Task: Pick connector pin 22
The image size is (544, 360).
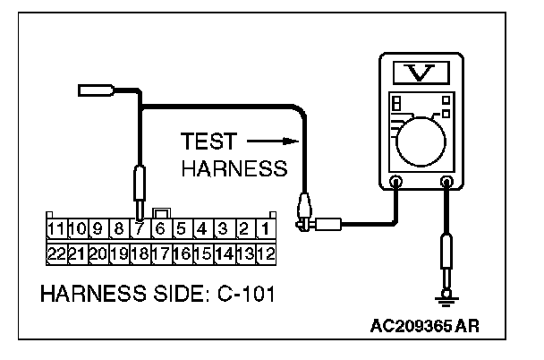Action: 55,253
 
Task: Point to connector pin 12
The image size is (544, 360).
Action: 266,253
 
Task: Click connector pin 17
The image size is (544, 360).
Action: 161,253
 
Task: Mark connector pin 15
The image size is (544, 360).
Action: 203,253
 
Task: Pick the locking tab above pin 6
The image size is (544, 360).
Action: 161,213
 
